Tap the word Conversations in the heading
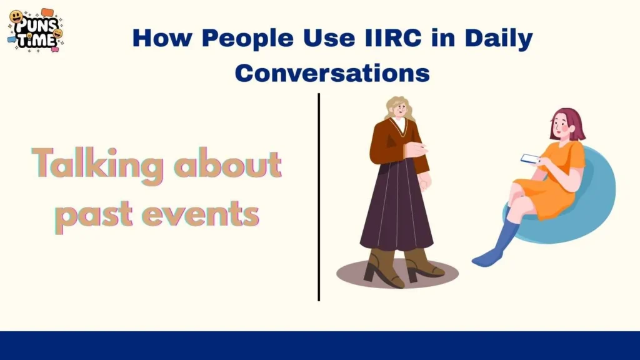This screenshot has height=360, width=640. point(332,73)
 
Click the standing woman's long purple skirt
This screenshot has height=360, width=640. point(396,212)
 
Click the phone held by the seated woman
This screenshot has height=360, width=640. point(531,158)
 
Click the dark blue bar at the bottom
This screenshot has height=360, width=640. point(320,346)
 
